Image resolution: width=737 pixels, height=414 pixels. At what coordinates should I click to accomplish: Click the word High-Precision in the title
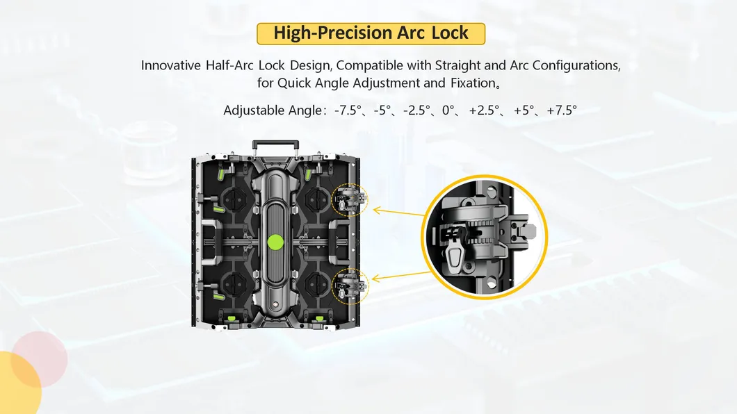[x=322, y=33]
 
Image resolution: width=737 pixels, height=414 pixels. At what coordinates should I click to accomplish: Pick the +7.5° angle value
[x=562, y=110]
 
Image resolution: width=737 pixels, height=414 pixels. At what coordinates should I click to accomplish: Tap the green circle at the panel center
[x=276, y=242]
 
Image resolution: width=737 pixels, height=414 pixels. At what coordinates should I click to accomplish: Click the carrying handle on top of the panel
[x=276, y=144]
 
